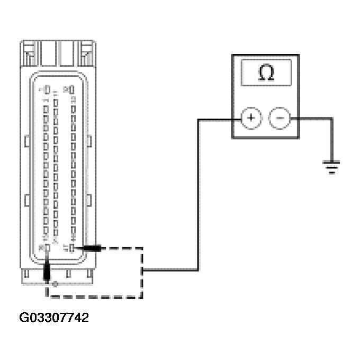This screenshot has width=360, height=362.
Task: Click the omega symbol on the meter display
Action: pyautogui.click(x=266, y=73)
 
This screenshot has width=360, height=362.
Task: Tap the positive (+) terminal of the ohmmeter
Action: pyautogui.click(x=250, y=118)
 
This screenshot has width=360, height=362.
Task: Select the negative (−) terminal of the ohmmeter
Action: pyautogui.click(x=280, y=118)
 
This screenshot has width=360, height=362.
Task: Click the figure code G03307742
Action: pyautogui.click(x=54, y=318)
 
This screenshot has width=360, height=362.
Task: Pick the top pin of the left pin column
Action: pyautogui.click(x=46, y=89)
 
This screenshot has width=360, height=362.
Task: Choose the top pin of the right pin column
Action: pyautogui.click(x=71, y=89)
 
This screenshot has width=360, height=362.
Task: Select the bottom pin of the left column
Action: pyautogui.click(x=47, y=247)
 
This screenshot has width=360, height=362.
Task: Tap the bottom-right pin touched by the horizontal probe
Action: pyautogui.click(x=71, y=247)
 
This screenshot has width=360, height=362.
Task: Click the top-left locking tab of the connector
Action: pyautogui.click(x=31, y=53)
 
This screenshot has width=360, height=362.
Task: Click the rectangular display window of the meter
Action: pyautogui.click(x=266, y=73)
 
